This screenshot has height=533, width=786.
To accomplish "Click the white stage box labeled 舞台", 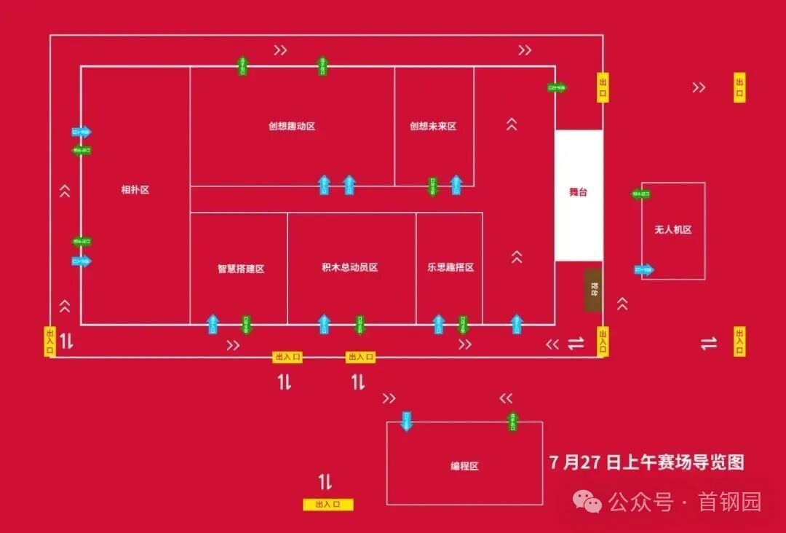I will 579,194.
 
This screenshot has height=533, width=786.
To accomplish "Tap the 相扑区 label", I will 135,190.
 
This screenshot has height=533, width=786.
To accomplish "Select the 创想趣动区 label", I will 292,126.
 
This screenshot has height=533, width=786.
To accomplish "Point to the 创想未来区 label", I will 433,126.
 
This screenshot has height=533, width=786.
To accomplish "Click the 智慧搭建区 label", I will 241,268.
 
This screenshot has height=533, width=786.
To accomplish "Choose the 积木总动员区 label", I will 350,267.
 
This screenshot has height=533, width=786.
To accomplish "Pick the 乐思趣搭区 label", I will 450,267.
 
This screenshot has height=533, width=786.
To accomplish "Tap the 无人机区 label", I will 673,229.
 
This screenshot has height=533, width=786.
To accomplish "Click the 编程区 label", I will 464,466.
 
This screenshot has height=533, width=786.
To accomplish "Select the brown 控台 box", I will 593,291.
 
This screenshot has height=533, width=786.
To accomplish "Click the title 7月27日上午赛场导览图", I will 647,462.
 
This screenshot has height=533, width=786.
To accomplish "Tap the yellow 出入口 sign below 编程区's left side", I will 328,504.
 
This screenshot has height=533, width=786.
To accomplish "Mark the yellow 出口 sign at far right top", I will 739,87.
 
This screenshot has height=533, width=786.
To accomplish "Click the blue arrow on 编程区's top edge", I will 407,421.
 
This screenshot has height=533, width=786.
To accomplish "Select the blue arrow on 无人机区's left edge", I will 644,270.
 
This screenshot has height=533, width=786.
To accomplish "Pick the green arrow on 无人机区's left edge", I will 640,194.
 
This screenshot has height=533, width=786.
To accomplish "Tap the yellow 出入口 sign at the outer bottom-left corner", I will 50,341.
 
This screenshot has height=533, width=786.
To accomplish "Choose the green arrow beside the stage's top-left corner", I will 557,87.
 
